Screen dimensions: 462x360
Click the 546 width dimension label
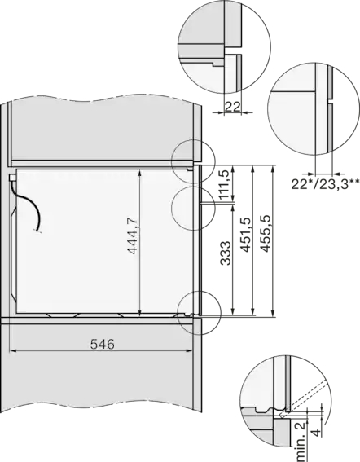(103, 344)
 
